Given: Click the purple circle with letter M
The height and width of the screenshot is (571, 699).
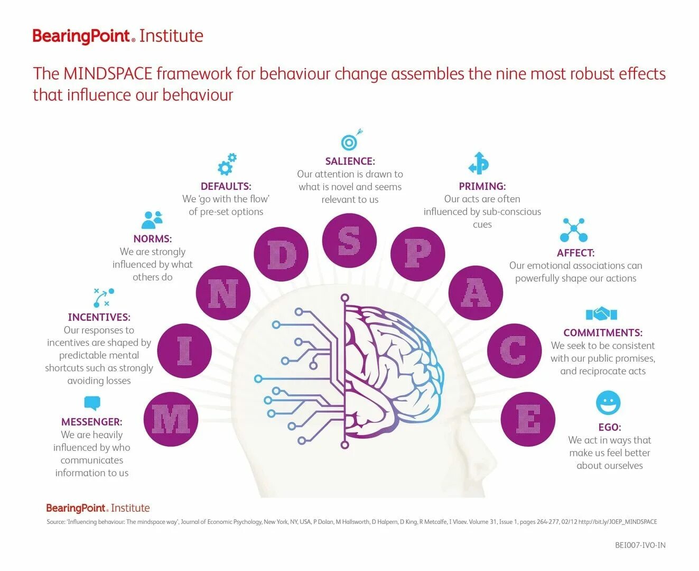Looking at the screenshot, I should [x=171, y=419].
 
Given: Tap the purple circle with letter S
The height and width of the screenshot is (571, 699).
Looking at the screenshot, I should [x=349, y=240].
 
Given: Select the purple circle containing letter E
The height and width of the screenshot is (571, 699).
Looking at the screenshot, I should [x=528, y=419].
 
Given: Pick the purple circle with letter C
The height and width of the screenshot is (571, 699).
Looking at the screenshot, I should [x=514, y=351].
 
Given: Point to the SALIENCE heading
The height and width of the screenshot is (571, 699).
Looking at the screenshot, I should [x=350, y=161].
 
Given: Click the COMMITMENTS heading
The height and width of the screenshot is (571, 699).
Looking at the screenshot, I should [x=603, y=333].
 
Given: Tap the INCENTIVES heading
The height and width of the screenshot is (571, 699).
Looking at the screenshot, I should [x=99, y=317].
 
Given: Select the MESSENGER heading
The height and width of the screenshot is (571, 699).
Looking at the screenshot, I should [x=91, y=422].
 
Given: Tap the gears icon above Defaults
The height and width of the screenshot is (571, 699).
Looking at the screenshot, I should [x=227, y=164].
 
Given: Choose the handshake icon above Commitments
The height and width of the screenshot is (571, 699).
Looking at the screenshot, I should [x=601, y=314].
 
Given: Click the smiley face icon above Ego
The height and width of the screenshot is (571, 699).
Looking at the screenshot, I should [x=608, y=403].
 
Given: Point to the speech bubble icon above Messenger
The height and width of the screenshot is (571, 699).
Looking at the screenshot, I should [x=92, y=403].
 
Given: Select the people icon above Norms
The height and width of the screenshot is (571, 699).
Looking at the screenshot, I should [x=152, y=219].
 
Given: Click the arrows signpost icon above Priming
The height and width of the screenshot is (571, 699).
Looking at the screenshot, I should [x=479, y=163].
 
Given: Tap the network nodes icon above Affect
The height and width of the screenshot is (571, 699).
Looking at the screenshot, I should [x=574, y=230].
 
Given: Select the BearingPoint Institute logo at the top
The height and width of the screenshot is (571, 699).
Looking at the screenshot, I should [x=118, y=36].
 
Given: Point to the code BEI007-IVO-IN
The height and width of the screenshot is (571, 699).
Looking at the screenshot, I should [x=640, y=545].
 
